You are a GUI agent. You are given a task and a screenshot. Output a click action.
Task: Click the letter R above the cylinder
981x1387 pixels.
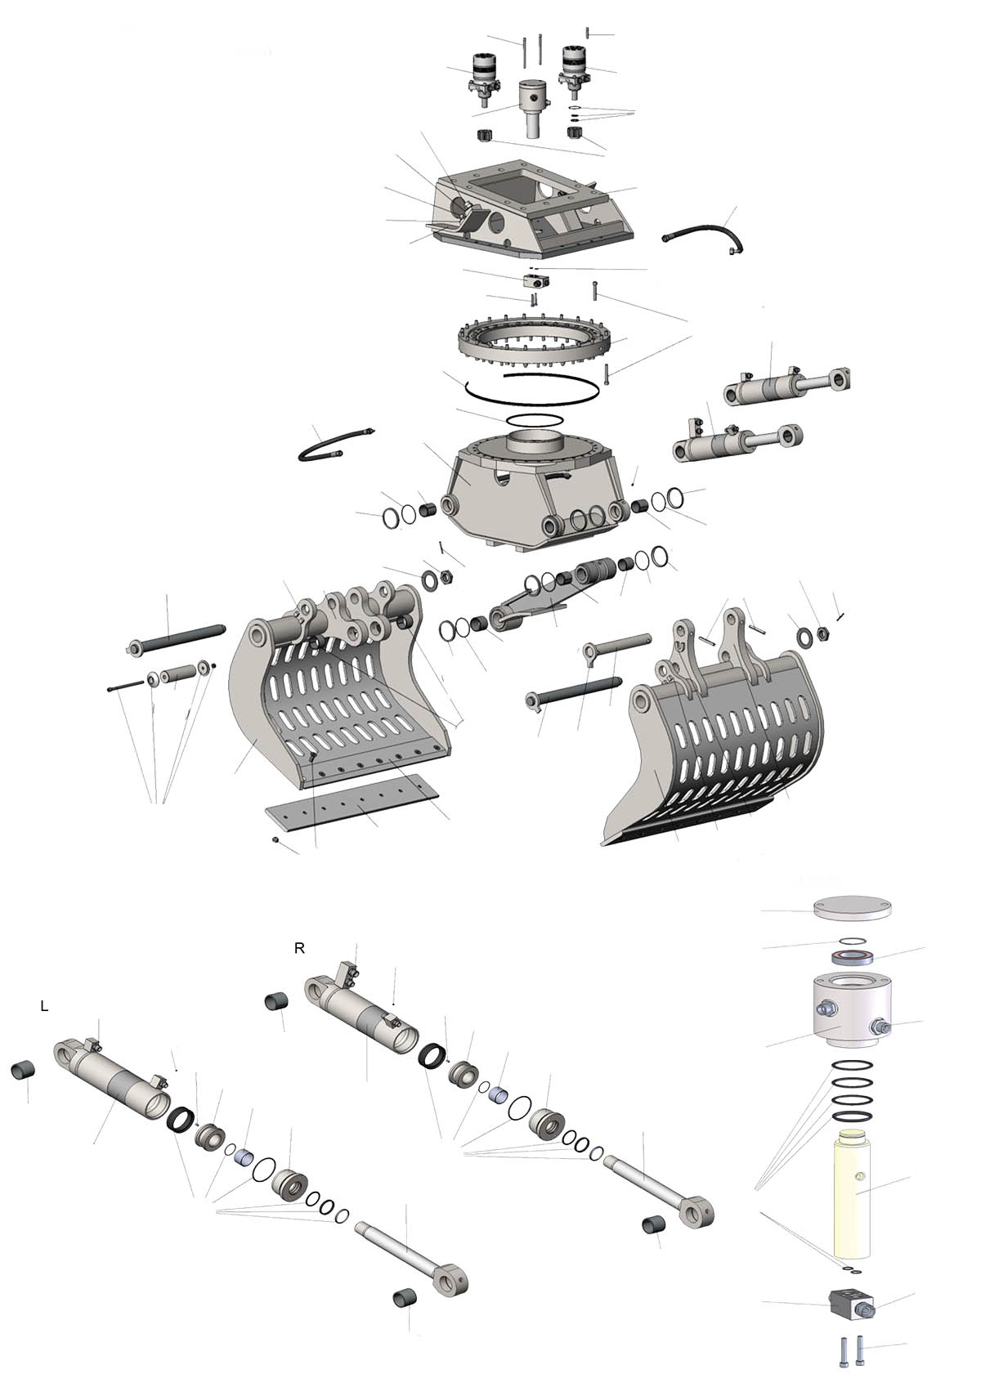coord(300,949)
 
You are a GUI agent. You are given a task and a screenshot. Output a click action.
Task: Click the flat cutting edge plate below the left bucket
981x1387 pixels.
coord(352,804)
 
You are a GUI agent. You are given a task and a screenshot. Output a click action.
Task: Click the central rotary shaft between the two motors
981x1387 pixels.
coord(534,109)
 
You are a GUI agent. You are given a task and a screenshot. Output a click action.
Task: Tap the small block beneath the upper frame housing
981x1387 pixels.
coord(536,281)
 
